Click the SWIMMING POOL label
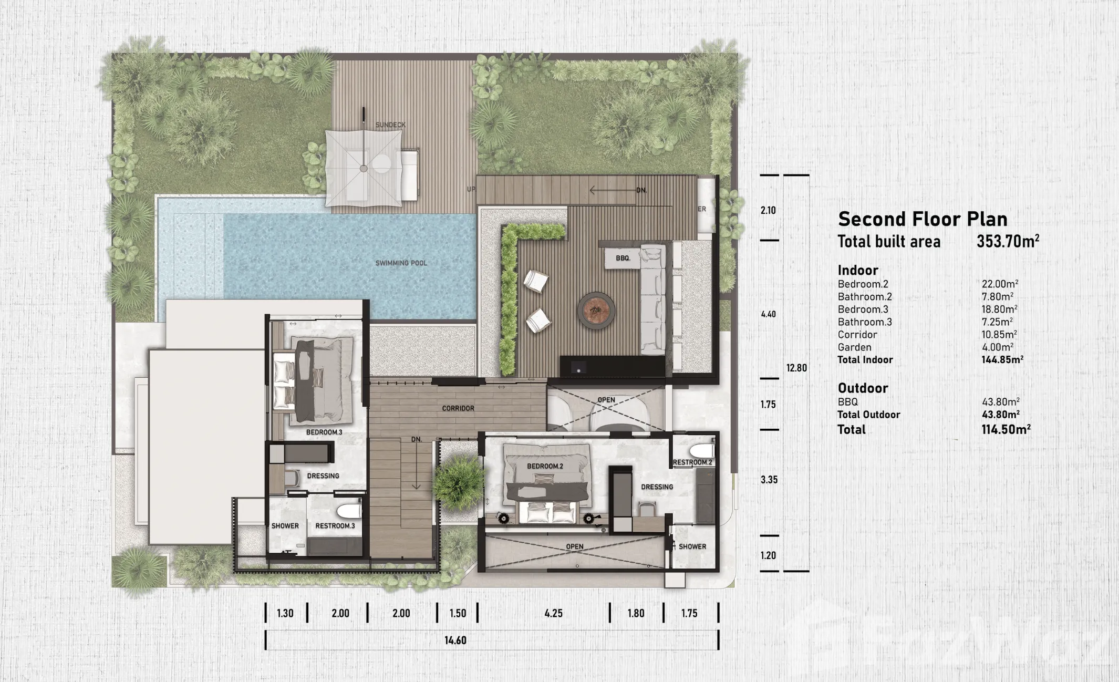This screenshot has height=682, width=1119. coord(401,263)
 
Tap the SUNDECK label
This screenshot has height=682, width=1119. coord(390,125)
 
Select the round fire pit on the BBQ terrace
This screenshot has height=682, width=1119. coord(596,311)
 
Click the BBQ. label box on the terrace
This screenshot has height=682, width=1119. coord(623,258)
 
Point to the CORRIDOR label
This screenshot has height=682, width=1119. coord(458,408)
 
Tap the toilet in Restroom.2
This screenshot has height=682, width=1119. coord(702,450)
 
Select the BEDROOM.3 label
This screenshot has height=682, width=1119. coord(324,432)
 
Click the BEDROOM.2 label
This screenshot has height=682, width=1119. coord(545,466)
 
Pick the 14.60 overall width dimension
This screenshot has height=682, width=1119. coord(455,640)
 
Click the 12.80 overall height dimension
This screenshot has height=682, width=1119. coord(796,368)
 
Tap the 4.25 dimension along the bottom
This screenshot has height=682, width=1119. coord(553,613)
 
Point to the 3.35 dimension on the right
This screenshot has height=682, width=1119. coord(769,480)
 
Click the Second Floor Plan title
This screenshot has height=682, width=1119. coord(923,219)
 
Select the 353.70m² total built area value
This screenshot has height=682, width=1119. coord(1008,241)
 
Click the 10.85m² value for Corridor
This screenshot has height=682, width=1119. coord(999,335)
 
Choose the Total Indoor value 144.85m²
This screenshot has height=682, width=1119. coord(1002,360)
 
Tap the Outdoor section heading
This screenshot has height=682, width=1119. coord(863,388)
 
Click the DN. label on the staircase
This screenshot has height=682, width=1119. coord(417,439)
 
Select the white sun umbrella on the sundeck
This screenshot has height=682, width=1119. coord(364,168)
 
